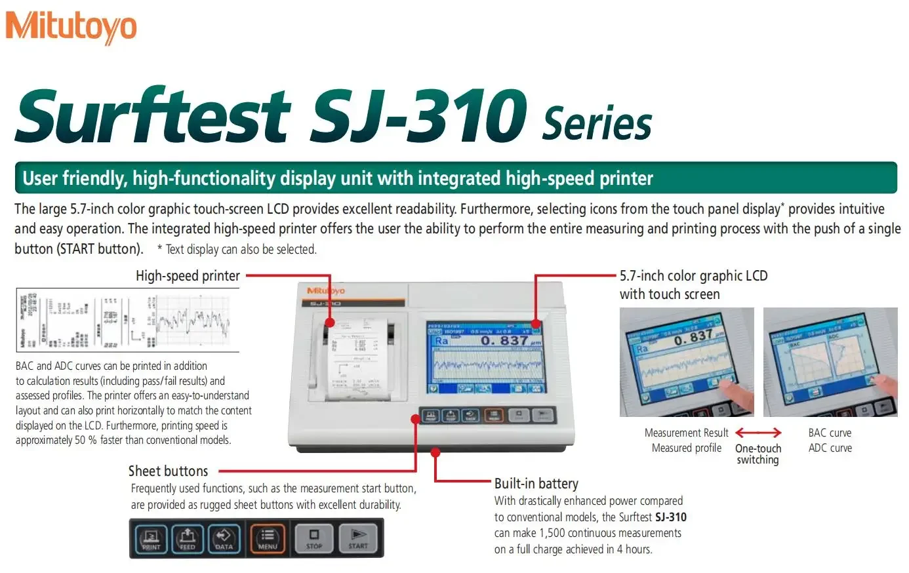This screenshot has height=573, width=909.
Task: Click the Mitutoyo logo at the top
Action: (71, 28)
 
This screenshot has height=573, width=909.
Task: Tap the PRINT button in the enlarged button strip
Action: (151, 538)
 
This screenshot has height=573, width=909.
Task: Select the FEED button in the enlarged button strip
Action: (188, 538)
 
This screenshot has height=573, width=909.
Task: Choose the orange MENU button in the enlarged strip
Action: (268, 538)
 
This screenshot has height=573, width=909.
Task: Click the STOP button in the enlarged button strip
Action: (314, 538)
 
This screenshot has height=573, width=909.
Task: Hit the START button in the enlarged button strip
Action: (358, 538)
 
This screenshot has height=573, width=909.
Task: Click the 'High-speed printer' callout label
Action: (188, 276)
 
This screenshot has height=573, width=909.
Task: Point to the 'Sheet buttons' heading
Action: (168, 471)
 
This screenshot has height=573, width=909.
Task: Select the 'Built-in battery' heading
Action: (536, 484)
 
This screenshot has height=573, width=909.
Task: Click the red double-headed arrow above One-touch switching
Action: (758, 433)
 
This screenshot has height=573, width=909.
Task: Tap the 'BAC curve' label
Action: (830, 433)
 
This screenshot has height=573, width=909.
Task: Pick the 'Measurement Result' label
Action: (686, 433)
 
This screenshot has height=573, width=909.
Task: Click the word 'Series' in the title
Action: (597, 123)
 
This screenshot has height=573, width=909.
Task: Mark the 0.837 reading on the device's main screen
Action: (504, 341)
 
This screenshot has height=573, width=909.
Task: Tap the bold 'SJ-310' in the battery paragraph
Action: (670, 517)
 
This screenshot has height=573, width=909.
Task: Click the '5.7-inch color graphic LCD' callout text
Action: (693, 276)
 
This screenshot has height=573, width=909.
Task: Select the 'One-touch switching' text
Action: (758, 454)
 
